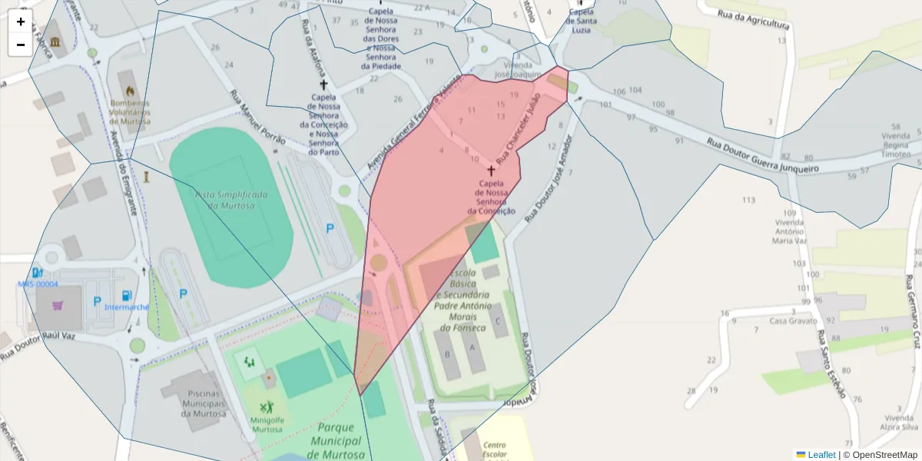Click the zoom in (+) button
coord(21,22)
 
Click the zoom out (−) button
coord(21,45)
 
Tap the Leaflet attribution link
coord(821,455)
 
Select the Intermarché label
coord(127,307)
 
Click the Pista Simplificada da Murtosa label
coord(230,201)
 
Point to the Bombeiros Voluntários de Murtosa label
coord(130,111)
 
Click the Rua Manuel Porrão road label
coord(257,118)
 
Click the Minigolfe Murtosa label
coord(266,424)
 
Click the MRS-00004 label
coord(38,284)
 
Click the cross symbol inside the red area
coord(491,171)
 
